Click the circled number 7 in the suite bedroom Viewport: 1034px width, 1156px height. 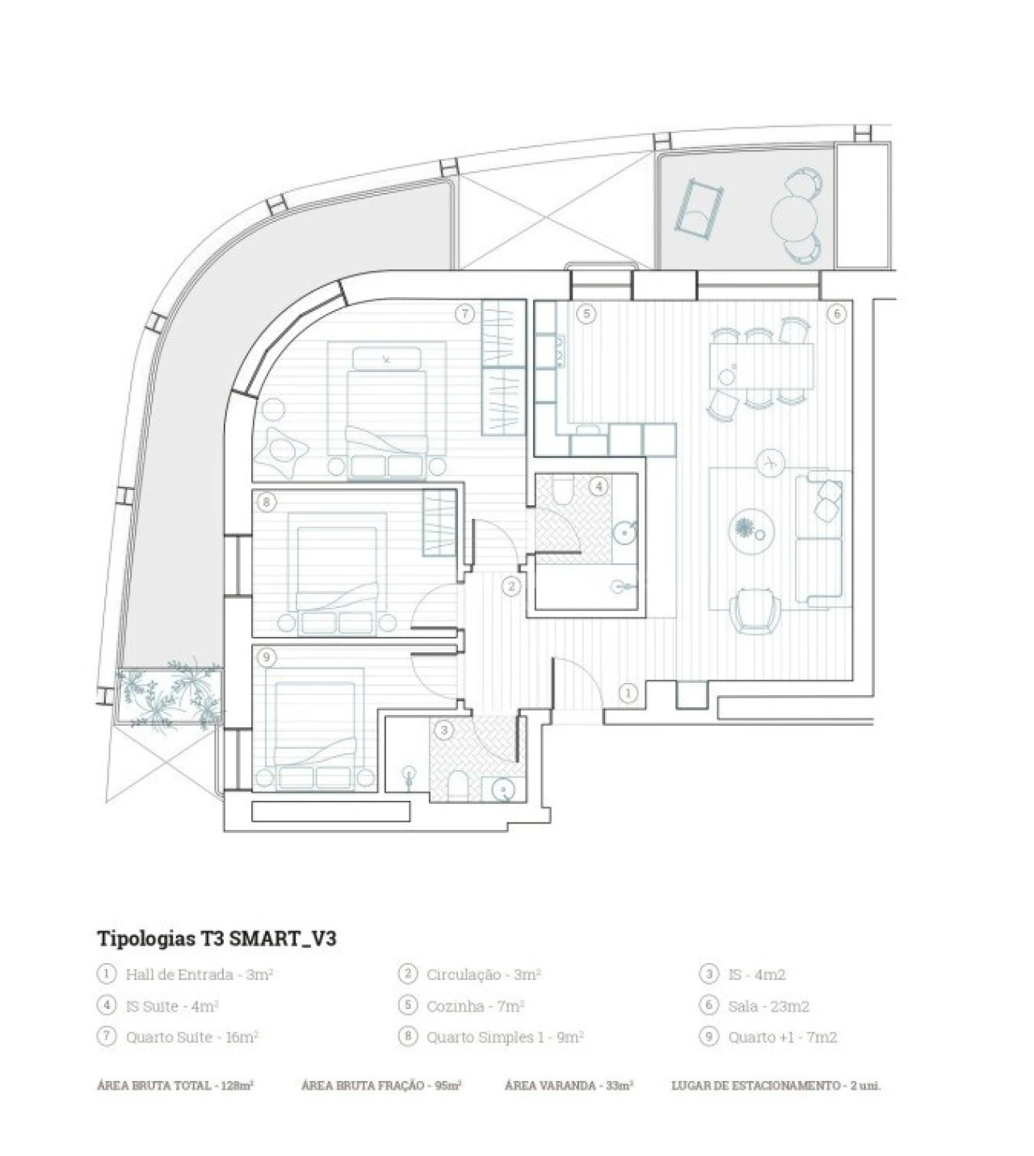(464, 315)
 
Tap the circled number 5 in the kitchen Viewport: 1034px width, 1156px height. (586, 315)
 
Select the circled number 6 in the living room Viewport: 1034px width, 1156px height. (836, 315)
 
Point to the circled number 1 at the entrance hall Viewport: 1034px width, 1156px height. (628, 693)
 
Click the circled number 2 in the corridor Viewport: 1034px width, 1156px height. (511, 587)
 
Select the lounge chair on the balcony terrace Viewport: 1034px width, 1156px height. (699, 208)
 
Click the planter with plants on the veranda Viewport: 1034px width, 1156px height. (170, 696)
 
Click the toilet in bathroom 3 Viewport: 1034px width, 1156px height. (459, 784)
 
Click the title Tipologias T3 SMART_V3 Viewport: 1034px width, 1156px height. (216, 939)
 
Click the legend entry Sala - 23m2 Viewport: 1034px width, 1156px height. (768, 1006)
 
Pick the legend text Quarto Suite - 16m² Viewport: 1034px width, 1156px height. (191, 1037)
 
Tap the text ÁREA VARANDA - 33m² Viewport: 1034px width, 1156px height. (569, 1086)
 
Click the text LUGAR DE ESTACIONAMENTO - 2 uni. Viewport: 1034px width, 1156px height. (775, 1086)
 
